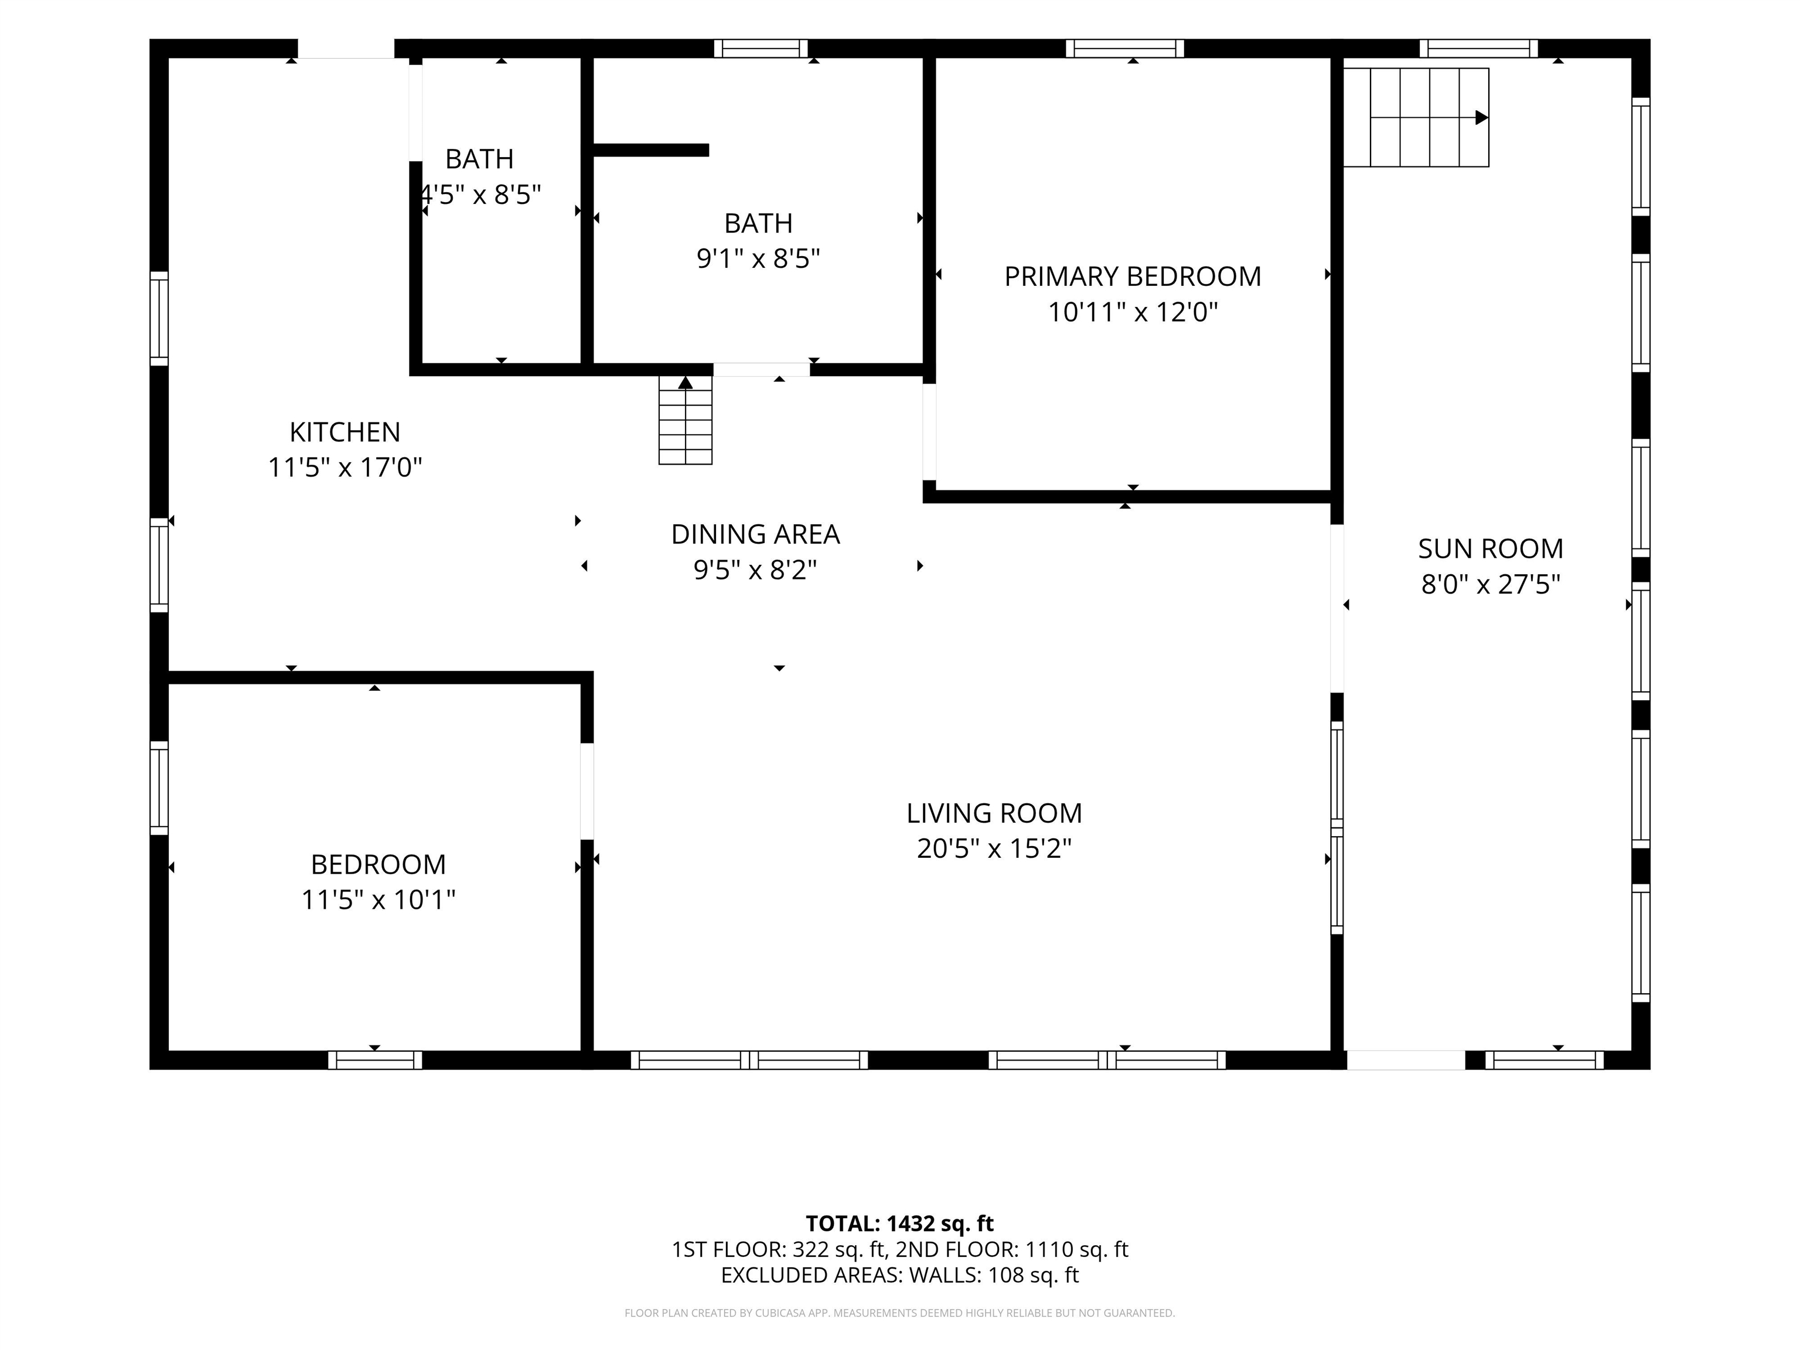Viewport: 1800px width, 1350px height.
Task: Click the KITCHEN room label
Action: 345,432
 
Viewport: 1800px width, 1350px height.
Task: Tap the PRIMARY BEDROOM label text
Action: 1133,277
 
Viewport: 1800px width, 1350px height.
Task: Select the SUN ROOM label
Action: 1491,549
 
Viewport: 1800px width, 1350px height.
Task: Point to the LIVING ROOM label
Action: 994,814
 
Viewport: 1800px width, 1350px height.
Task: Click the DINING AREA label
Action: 755,534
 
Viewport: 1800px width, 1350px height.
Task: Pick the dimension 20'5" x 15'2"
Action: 994,849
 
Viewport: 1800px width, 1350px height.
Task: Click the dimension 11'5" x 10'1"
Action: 379,900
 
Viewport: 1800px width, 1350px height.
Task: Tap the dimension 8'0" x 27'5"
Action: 1491,584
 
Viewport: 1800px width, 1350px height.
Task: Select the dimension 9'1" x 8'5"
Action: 758,259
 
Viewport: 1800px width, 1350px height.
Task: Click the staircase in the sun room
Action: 1416,118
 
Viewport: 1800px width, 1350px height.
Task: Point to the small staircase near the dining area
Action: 685,421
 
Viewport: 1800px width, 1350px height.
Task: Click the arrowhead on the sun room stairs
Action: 1482,118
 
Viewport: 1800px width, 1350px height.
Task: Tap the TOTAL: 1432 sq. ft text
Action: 900,1224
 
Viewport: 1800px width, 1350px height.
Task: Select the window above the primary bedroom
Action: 1124,49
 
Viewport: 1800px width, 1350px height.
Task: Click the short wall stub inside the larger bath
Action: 651,150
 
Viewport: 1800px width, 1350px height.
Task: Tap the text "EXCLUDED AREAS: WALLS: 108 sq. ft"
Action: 900,1275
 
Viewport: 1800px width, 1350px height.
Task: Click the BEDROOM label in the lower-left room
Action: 379,864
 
